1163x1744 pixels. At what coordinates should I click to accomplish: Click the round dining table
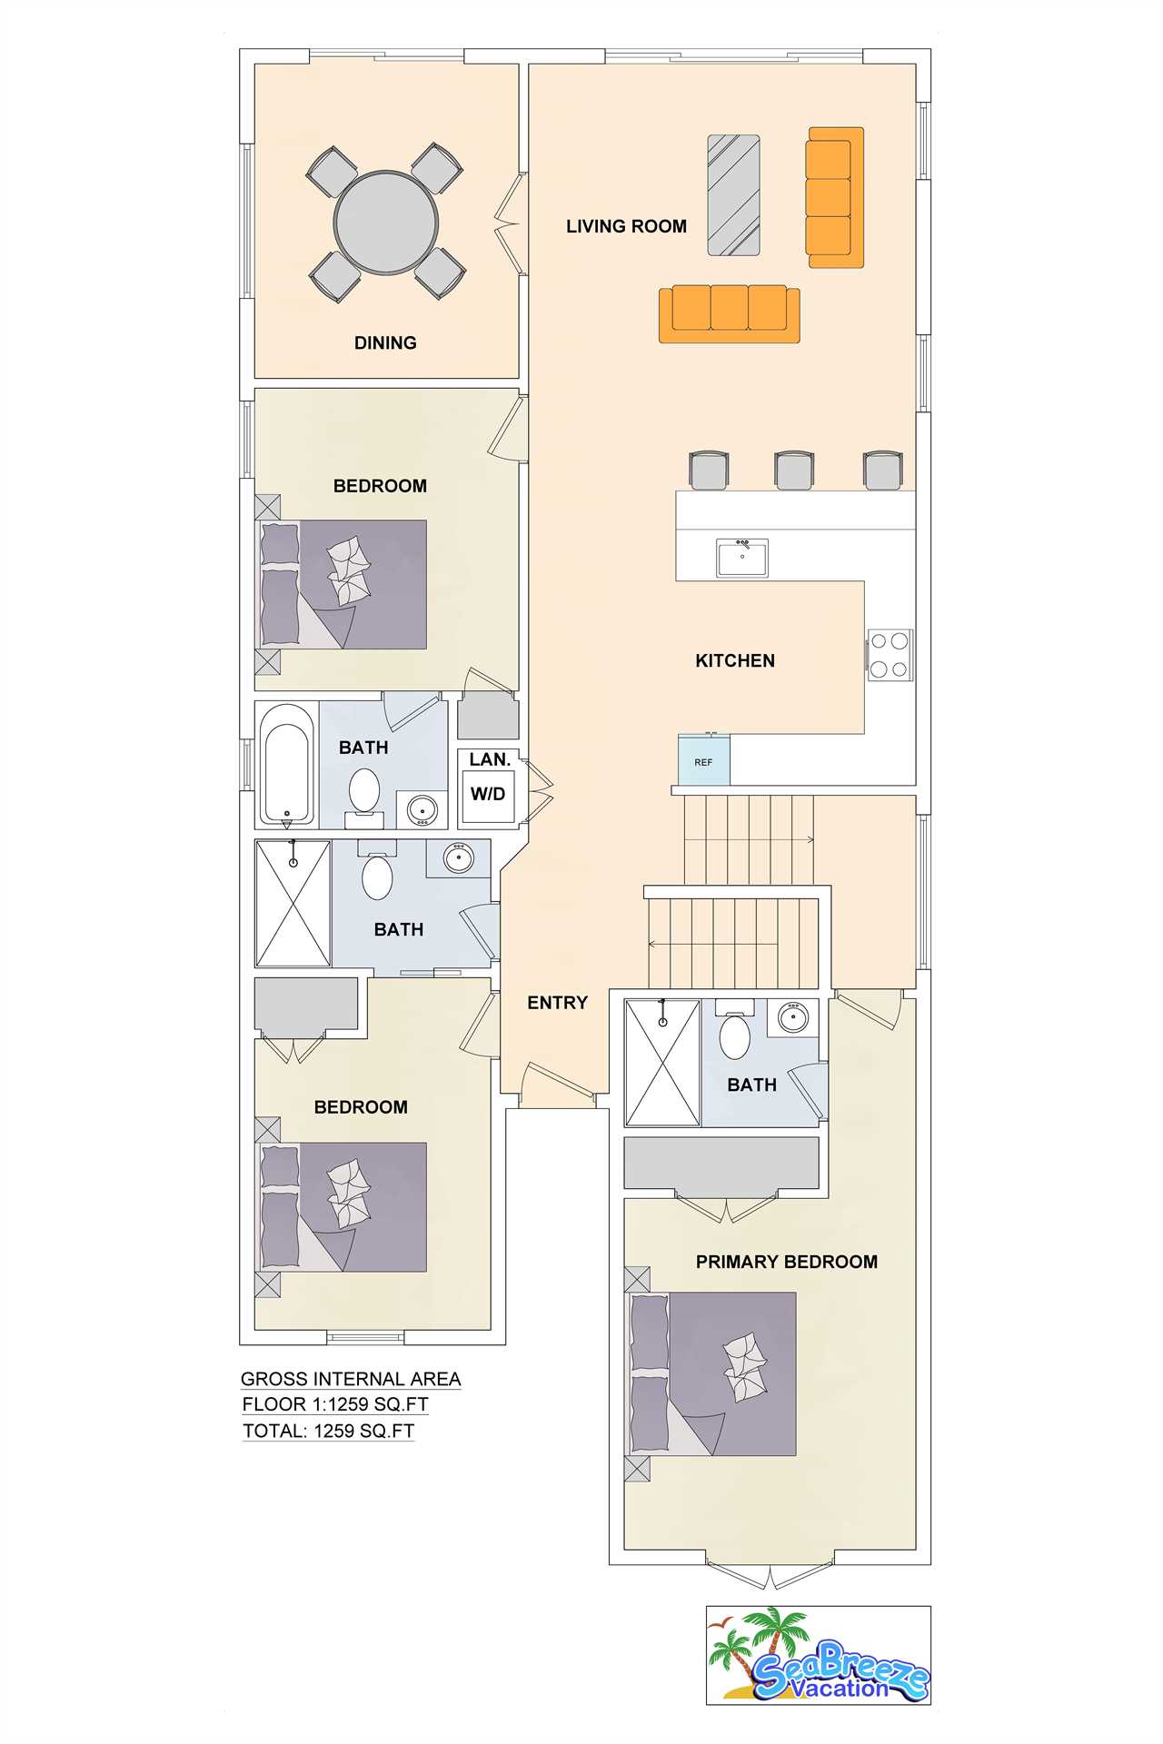[x=386, y=222]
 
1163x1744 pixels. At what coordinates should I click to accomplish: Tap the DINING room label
[x=385, y=342]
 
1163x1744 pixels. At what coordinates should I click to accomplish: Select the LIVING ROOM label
[x=626, y=226]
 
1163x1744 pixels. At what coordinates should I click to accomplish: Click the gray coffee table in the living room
[x=733, y=195]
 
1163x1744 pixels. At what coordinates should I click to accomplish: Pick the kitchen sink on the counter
[x=742, y=557]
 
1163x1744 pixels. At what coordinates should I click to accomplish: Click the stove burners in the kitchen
[x=890, y=655]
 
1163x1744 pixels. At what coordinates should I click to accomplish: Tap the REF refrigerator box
[x=704, y=759]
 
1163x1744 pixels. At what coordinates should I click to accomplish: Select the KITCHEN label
[x=735, y=660]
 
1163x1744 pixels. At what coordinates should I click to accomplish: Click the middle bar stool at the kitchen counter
[x=794, y=470]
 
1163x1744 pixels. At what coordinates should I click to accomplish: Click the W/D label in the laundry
[x=488, y=794]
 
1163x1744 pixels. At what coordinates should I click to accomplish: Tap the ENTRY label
[x=558, y=1002]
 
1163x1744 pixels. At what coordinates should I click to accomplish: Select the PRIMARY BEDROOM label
[x=787, y=1262]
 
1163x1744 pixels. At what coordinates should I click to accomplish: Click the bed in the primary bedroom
[x=713, y=1374]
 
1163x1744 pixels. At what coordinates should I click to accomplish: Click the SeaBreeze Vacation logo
[x=819, y=1655]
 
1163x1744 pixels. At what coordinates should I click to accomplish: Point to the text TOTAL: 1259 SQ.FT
[x=329, y=1431]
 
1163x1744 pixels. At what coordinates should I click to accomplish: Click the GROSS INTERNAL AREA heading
[x=351, y=1378]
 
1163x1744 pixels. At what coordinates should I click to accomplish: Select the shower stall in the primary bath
[x=662, y=1063]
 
